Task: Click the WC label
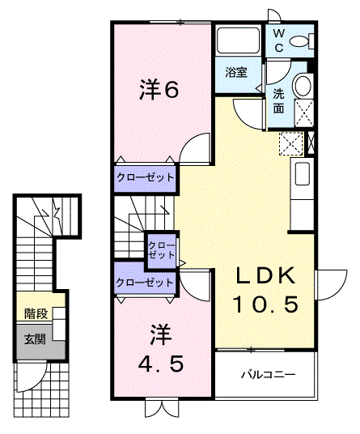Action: point(277,40)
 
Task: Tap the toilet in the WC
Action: point(300,41)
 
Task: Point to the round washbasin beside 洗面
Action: point(303,85)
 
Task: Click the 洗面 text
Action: point(278,99)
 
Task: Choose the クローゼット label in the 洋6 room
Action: point(145,177)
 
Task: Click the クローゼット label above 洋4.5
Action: point(145,283)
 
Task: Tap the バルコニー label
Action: point(268,375)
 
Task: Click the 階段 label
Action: point(34,314)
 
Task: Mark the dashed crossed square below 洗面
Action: point(290,143)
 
